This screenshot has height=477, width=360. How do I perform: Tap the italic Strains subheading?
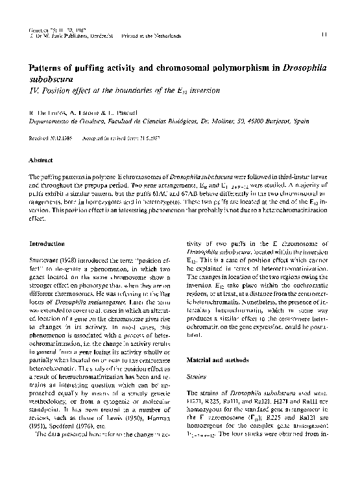197,376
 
